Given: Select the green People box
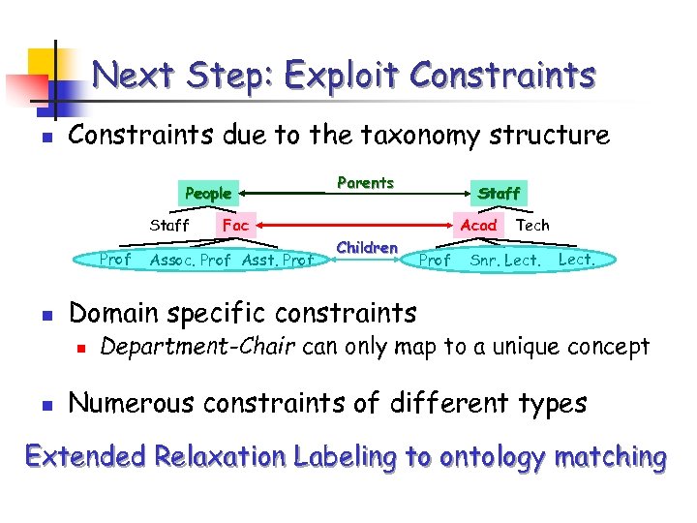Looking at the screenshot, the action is coord(208,193).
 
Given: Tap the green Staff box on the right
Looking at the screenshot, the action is coord(500,193).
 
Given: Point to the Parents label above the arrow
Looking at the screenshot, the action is coord(365,182).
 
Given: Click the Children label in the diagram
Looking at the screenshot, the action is coord(367,247).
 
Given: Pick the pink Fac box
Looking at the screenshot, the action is coord(235,225).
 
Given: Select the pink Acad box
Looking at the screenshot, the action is coord(478,225).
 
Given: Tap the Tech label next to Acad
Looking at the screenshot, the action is coord(532,225).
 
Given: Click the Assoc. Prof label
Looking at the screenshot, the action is coord(191,260).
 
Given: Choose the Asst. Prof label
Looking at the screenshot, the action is coord(278,260).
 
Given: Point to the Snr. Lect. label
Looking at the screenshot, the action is coord(505,260).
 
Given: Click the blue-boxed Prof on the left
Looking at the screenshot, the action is coord(116,259).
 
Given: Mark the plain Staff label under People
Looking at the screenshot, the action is coord(169,225).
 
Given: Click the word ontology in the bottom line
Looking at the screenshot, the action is coord(494,456).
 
